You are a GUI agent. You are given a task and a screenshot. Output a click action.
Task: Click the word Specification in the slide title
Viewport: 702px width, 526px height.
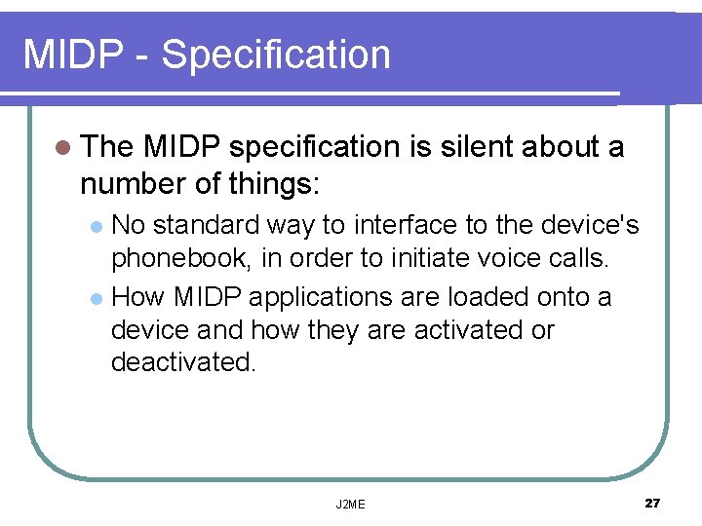click(x=276, y=55)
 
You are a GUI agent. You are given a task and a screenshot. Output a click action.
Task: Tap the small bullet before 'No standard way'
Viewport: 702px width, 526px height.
click(x=96, y=227)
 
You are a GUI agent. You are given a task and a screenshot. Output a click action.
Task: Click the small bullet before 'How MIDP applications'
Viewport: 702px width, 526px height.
click(x=96, y=297)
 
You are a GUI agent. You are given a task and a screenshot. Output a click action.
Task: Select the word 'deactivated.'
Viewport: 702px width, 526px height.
click(x=184, y=362)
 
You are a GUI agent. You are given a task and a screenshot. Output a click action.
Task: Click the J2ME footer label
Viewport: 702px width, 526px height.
click(x=350, y=504)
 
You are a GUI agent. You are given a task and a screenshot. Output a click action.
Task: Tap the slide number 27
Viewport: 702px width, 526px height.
click(x=652, y=503)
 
